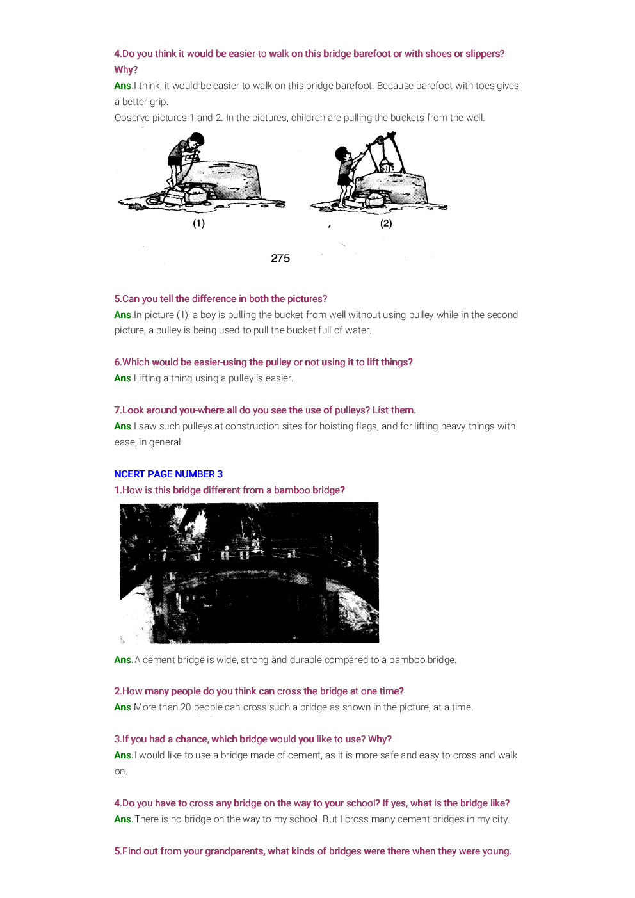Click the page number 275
pos(280,259)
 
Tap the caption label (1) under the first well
pos(199,223)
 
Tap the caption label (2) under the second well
pos(386,223)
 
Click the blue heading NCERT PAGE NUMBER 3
pos(168,474)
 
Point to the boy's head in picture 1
pos(196,140)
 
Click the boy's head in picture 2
pos(342,154)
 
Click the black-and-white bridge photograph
pos(249,573)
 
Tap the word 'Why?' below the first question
pos(126,70)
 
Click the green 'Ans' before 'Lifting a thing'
pos(122,378)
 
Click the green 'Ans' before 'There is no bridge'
pos(124,819)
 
